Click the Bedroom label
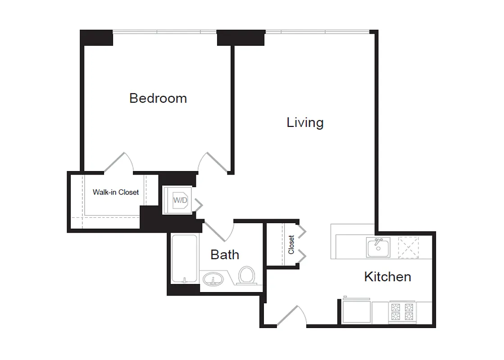158,98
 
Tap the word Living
305,122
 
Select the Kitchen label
387,276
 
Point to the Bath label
225,255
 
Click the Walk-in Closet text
116,192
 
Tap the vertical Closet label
291,244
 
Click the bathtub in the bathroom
184,258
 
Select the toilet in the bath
246,275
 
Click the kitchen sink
378,247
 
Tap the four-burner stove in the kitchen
402,312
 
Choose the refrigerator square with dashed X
409,247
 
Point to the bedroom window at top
164,32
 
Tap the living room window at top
317,32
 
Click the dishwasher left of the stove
356,311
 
